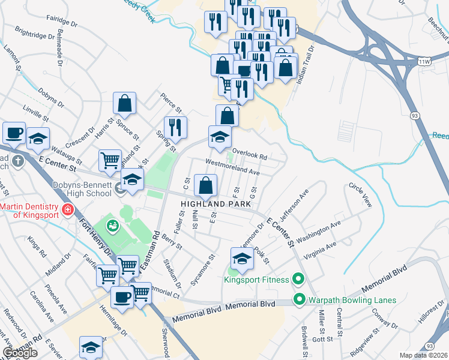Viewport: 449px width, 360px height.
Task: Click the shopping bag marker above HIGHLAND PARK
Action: [x=206, y=187]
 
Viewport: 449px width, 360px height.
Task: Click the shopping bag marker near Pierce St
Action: [x=124, y=104]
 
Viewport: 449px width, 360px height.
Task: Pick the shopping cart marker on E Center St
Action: [x=110, y=161]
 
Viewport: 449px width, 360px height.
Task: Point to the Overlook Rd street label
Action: [x=249, y=154]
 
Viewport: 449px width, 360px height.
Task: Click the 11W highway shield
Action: [x=426, y=61]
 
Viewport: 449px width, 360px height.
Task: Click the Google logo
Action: [x=19, y=353]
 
